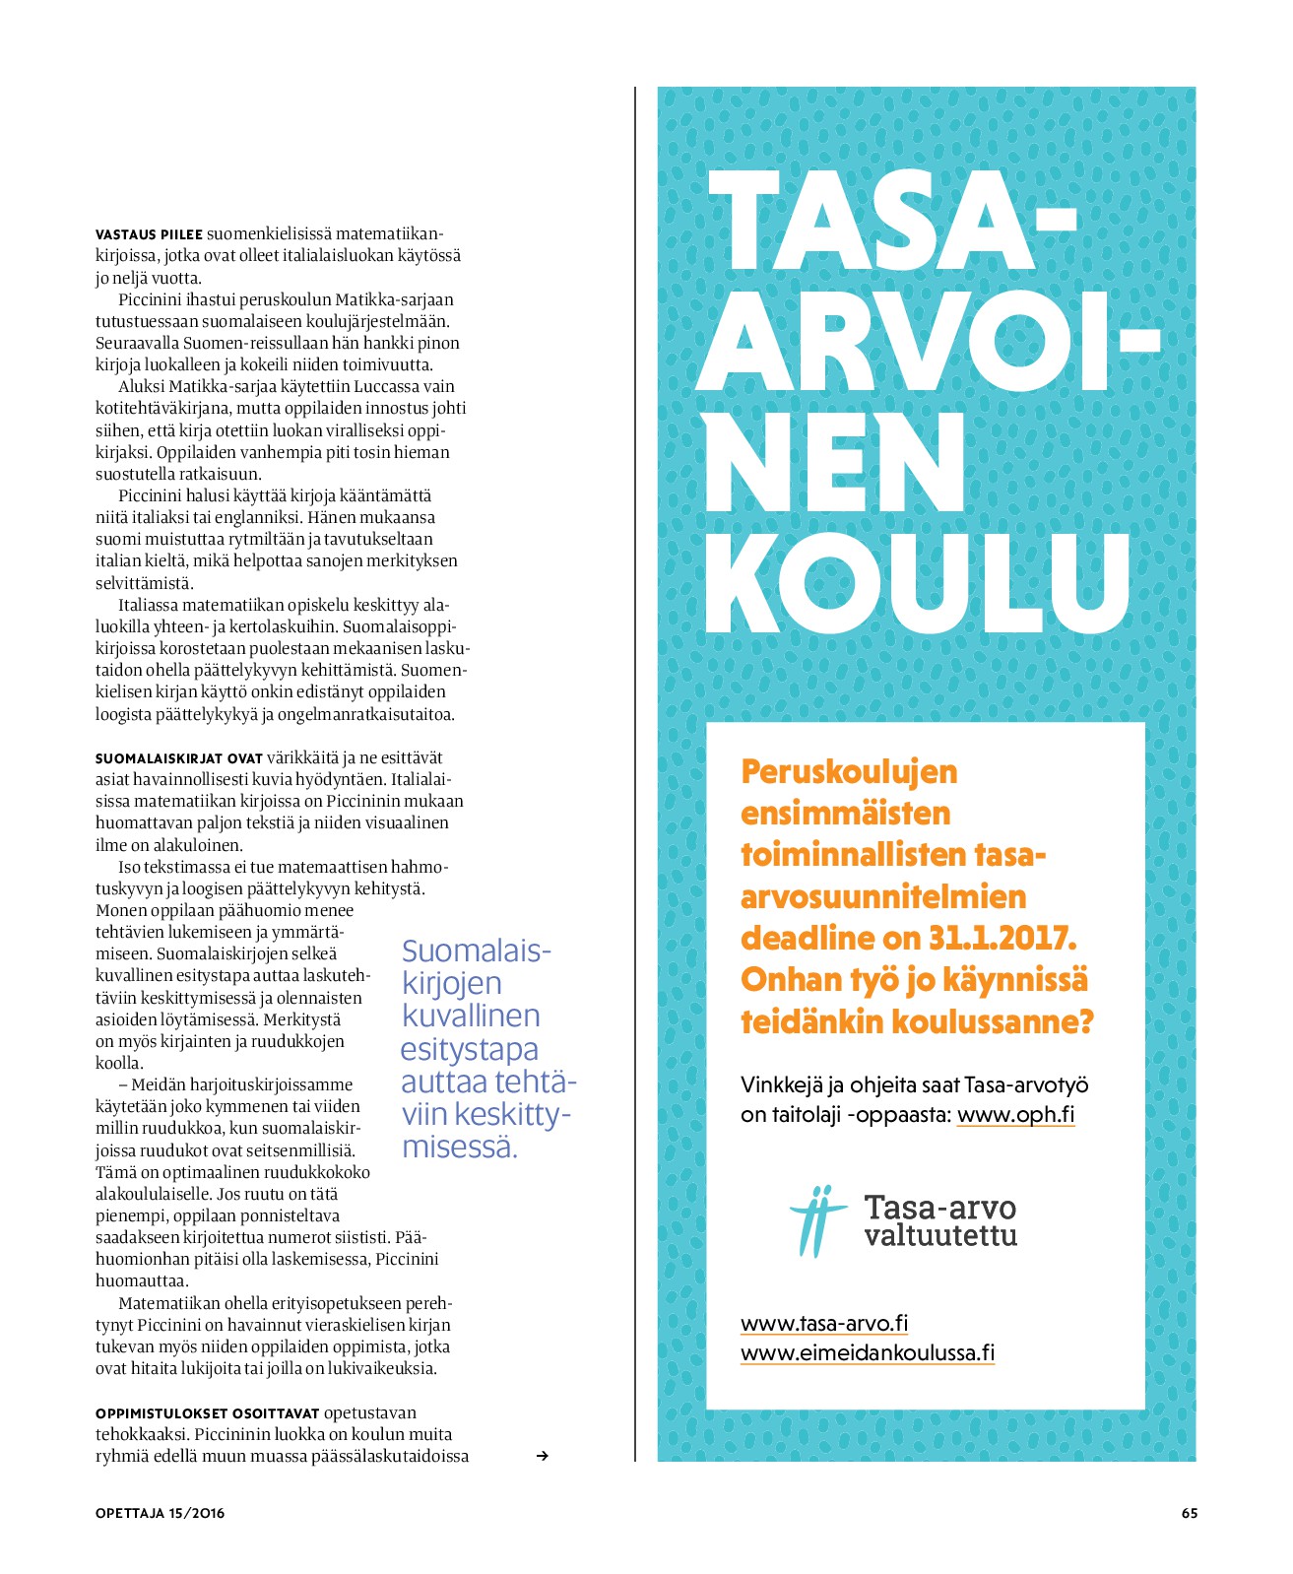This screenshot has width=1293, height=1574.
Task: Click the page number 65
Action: click(1189, 1513)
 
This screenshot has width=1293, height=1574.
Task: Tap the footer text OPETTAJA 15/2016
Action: click(160, 1513)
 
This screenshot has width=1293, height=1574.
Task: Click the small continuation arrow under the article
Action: click(542, 1456)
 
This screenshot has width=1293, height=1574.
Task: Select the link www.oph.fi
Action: click(1015, 1114)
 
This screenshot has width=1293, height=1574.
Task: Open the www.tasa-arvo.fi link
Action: click(823, 1323)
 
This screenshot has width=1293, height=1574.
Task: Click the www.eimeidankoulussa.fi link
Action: click(867, 1352)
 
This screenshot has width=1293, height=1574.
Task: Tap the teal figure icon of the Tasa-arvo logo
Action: click(816, 1221)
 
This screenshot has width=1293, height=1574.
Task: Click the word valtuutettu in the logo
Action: click(939, 1235)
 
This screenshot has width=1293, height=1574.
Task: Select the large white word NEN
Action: click(833, 462)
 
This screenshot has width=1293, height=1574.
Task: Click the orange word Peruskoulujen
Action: click(849, 771)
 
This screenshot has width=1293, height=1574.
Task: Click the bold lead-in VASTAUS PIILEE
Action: click(149, 234)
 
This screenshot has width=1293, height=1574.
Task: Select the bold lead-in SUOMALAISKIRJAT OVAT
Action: click(178, 758)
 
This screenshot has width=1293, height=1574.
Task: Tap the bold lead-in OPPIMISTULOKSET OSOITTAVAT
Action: click(207, 1413)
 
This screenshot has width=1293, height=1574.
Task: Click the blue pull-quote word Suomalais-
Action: click(476, 951)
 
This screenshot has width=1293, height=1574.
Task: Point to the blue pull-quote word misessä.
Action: click(459, 1148)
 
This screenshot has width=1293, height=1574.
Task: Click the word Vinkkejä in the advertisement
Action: click(782, 1085)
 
